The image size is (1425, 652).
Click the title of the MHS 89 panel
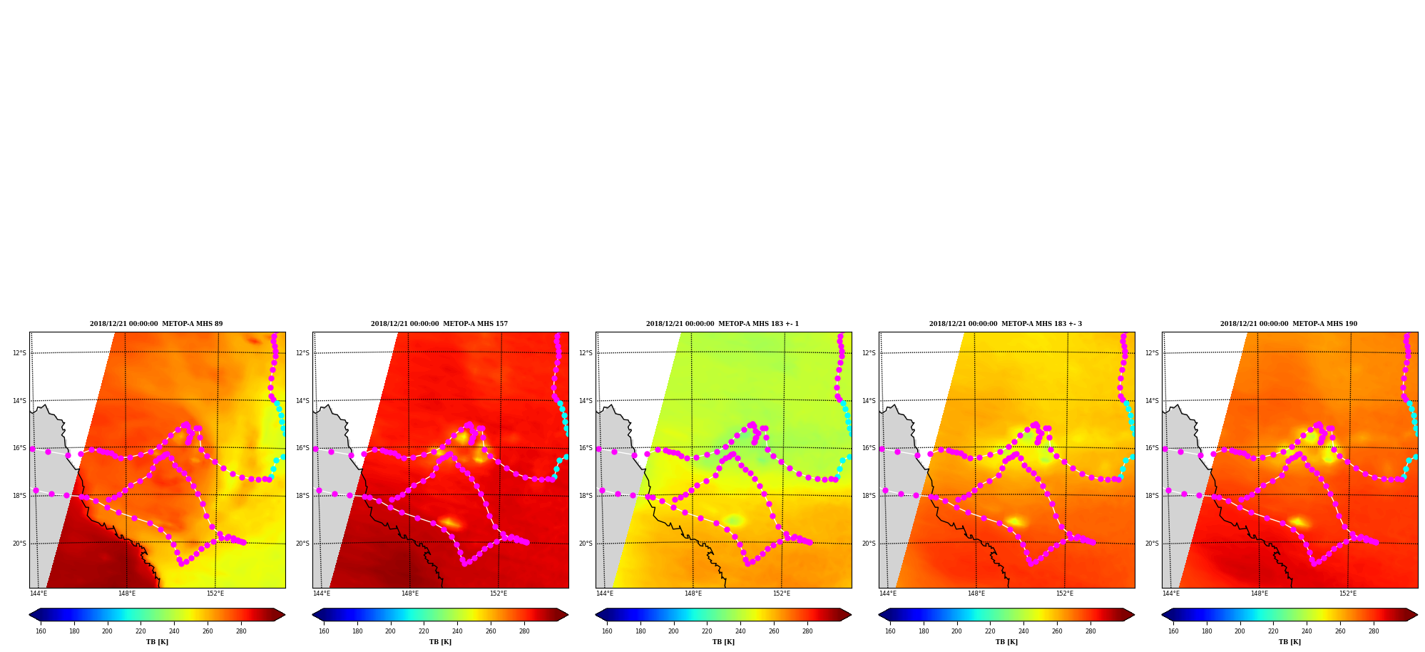tap(156, 324)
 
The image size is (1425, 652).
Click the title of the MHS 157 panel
tap(439, 324)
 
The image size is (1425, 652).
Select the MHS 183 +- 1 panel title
tap(722, 324)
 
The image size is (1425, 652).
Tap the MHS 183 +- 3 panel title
tap(1006, 324)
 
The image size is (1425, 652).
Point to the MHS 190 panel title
tap(1289, 324)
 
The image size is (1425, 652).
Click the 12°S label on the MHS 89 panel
tap(19, 353)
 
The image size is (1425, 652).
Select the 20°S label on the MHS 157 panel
tap(302, 544)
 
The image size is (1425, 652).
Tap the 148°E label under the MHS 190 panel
tap(1260, 594)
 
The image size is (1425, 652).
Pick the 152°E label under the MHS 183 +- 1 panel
tap(782, 594)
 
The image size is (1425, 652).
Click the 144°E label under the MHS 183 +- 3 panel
tap(888, 594)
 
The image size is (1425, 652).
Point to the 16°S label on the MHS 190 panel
tap(1152, 448)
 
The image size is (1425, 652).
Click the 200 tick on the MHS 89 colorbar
tap(107, 631)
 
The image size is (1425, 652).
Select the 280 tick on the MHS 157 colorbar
tap(524, 631)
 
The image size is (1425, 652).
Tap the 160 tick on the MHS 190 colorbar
tap(1173, 631)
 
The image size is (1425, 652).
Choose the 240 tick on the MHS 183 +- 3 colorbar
tap(1023, 631)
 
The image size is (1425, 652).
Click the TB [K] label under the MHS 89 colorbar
tap(157, 642)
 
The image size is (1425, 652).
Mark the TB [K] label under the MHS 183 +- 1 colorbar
tap(723, 642)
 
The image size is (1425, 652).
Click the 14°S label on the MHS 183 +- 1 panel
tap(586, 401)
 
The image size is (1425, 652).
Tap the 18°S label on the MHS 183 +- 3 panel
tap(869, 496)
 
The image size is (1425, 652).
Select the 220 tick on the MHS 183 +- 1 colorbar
tap(707, 631)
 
